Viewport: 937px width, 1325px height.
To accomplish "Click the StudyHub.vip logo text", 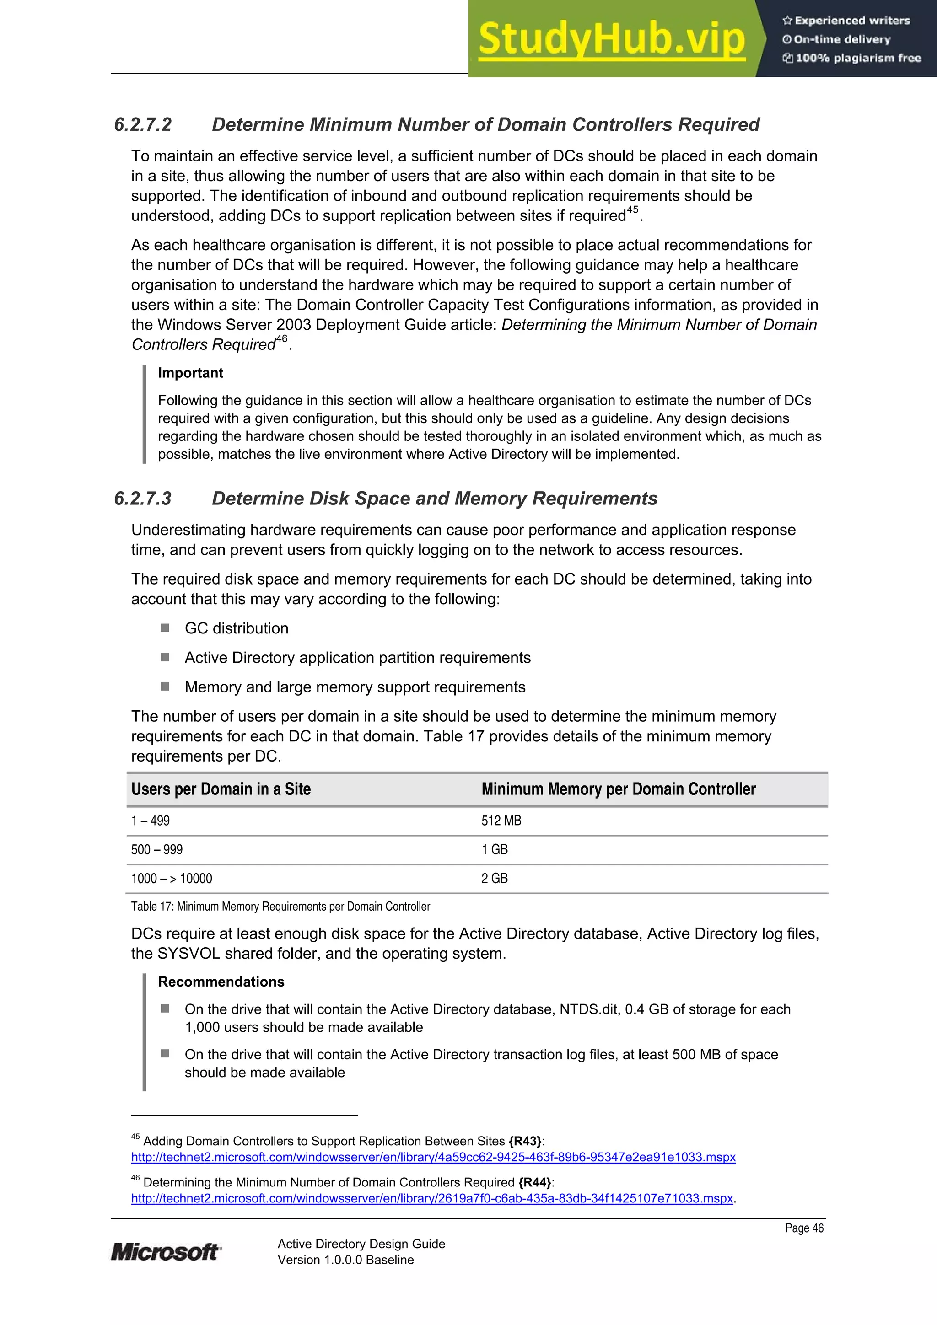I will point(612,39).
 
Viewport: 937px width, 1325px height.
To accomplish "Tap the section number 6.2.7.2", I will point(143,125).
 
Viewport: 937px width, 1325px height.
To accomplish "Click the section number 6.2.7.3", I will point(143,499).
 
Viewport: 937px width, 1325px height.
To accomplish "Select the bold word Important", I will point(190,373).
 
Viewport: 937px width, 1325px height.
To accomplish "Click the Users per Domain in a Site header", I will point(221,789).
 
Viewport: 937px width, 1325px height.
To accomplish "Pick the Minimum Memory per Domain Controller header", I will point(618,789).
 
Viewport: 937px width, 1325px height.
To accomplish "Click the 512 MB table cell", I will point(501,821).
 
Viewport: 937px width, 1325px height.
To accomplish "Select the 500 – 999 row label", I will point(156,849).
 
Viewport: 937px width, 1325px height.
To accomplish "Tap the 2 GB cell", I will point(494,878).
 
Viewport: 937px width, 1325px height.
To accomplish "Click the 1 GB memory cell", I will point(494,849).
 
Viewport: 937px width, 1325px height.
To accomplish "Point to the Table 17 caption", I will point(280,907).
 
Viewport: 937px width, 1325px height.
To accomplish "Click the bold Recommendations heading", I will point(221,982).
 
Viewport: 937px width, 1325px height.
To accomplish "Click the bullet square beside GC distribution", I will point(165,628).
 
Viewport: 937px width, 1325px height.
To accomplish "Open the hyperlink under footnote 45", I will point(433,1157).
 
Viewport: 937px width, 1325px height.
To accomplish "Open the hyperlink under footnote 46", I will point(432,1198).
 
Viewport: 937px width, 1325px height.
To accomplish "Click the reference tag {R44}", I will point(534,1182).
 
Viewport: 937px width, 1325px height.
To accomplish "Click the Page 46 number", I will point(804,1228).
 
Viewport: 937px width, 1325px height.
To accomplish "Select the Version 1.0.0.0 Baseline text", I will point(345,1260).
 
